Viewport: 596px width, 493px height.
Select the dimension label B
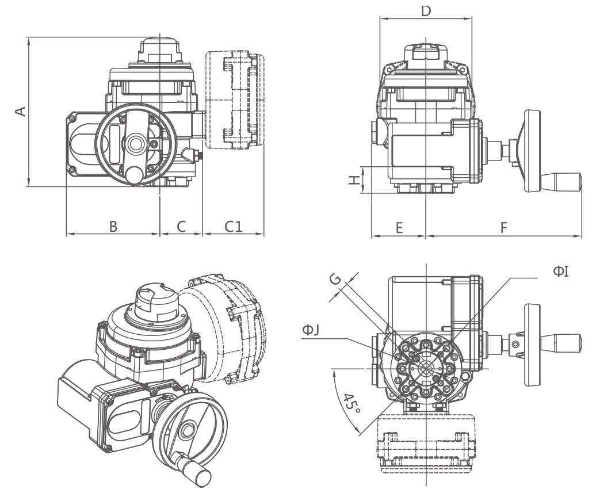[x=114, y=227]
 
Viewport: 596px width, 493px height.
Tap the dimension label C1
[x=233, y=227]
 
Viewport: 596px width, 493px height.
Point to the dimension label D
[x=426, y=10]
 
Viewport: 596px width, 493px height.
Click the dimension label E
[x=399, y=227]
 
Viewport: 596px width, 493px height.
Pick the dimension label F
[x=503, y=227]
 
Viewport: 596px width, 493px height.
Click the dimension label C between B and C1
[x=181, y=227]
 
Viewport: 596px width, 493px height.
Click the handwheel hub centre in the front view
[x=136, y=142]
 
